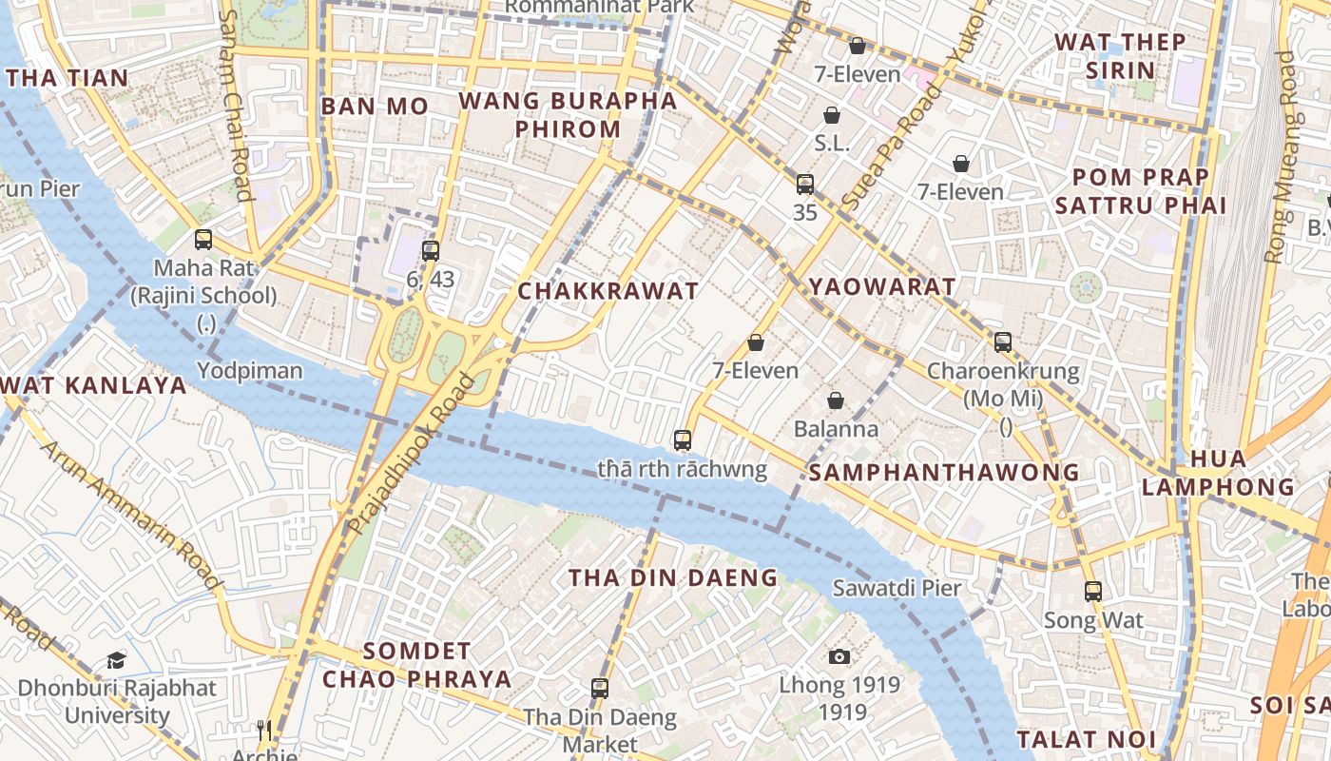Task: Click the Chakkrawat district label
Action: click(x=608, y=291)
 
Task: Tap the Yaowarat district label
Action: click(x=881, y=286)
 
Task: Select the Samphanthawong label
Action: click(x=944, y=472)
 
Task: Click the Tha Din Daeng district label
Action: click(x=673, y=577)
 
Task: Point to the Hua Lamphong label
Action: click(x=1218, y=473)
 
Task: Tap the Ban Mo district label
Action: click(x=375, y=107)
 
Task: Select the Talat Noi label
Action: click(x=1087, y=739)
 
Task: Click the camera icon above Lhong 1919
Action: click(x=839, y=656)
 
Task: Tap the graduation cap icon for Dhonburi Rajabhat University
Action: click(x=116, y=660)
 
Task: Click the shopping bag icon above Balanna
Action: click(x=836, y=400)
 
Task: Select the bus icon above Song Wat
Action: click(x=1093, y=592)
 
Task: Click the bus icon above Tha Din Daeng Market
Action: click(x=599, y=688)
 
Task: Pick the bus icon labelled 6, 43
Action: click(x=431, y=251)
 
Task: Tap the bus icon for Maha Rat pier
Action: click(x=203, y=240)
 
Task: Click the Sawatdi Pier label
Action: click(x=897, y=588)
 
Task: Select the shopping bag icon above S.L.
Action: click(x=832, y=115)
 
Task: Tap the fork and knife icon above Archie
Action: click(x=264, y=731)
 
